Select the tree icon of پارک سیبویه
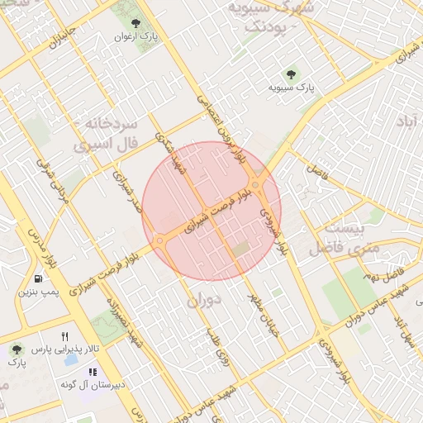[x=289, y=74]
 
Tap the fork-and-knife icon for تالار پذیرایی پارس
[x=65, y=336]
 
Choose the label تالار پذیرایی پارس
[x=59, y=349]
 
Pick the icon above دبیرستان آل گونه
[x=93, y=372]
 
